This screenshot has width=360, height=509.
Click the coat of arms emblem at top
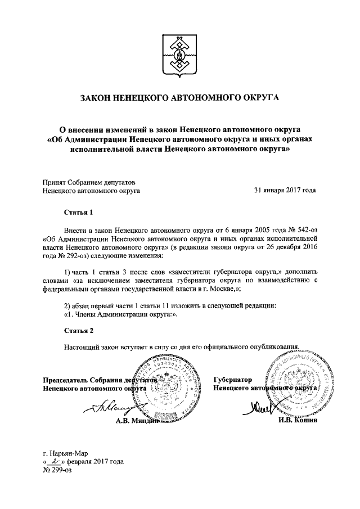coord(180,54)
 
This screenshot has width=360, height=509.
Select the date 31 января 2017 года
coord(285,191)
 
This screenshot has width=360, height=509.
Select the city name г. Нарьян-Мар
coord(65,453)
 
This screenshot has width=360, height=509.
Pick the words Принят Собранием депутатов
coord(89,182)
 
